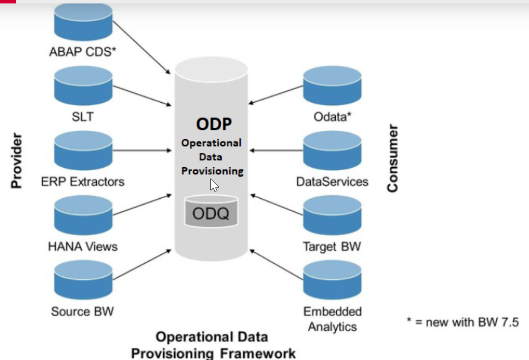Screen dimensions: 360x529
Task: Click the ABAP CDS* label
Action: pyautogui.click(x=83, y=51)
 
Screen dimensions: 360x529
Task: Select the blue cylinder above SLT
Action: pyautogui.click(x=83, y=85)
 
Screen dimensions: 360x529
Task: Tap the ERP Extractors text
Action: pyautogui.click(x=83, y=181)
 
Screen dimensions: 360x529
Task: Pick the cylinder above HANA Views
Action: pyautogui.click(x=83, y=215)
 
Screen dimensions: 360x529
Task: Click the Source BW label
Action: pyautogui.click(x=83, y=311)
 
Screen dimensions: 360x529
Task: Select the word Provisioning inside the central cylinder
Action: pyautogui.click(x=212, y=171)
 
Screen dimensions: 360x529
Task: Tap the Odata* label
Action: pyautogui.click(x=332, y=117)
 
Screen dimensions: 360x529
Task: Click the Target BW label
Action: pyautogui.click(x=332, y=246)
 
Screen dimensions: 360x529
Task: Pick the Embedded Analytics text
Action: pyautogui.click(x=332, y=319)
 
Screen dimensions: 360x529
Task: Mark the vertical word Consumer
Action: pyautogui.click(x=392, y=158)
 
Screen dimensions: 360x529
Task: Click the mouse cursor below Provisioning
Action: pyautogui.click(x=214, y=185)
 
